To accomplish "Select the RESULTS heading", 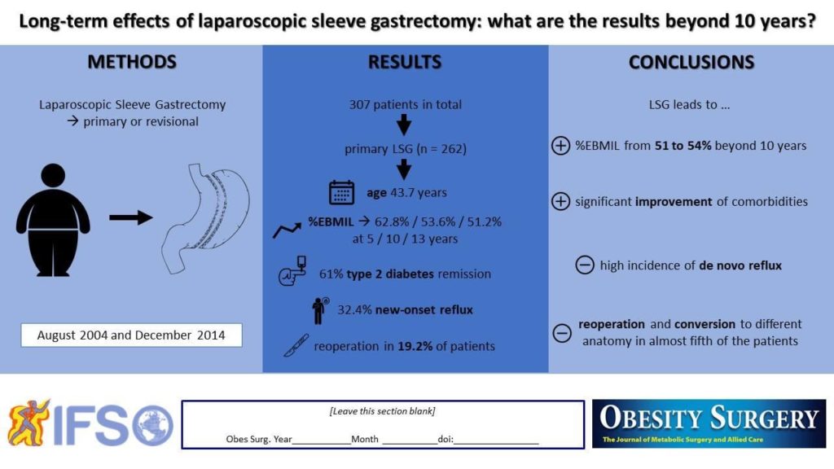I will [405, 63].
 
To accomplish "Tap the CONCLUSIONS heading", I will [691, 63].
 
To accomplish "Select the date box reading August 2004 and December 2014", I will [131, 335].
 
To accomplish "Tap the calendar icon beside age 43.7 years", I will [340, 193].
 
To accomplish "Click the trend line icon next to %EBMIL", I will [286, 231].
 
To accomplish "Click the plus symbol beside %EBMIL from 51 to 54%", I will [560, 147].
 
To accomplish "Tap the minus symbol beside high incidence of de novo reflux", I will [584, 265].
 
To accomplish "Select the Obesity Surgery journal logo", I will [709, 423].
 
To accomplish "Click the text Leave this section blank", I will [382, 411].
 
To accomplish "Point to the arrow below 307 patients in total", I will [405, 125].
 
